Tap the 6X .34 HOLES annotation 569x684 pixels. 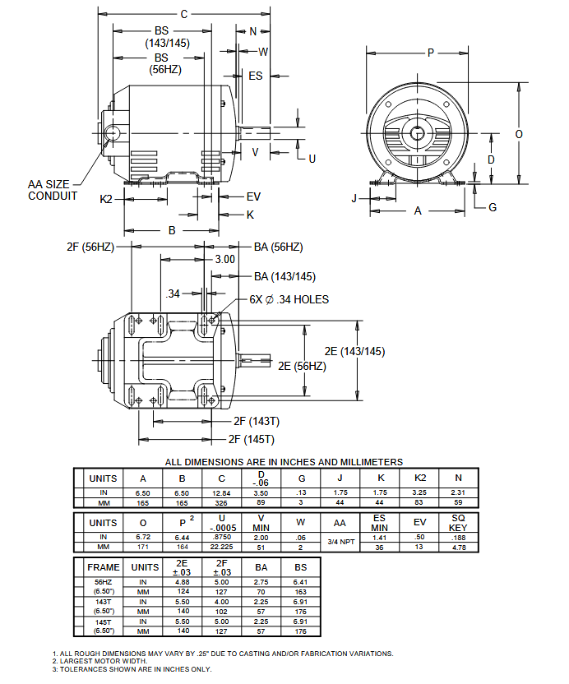289,299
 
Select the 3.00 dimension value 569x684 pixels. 224,259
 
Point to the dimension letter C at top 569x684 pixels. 184,14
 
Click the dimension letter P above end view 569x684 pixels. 430,53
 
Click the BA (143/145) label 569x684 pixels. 284,276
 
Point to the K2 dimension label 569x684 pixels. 106,199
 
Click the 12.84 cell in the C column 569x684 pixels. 221,492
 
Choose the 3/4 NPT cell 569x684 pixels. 340,542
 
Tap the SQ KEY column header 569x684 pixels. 459,522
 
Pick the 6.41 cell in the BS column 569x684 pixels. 300,581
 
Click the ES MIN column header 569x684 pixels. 379,522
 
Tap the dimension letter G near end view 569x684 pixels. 493,207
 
